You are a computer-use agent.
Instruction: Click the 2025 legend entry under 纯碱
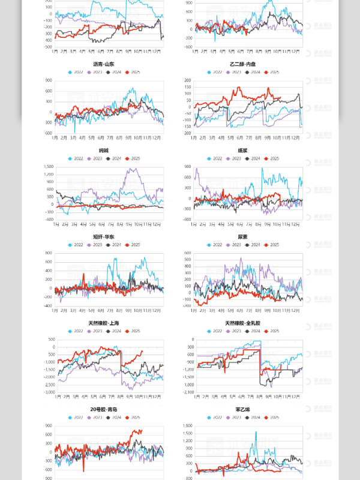(x=134, y=158)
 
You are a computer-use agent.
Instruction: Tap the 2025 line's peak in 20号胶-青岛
(x=140, y=430)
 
